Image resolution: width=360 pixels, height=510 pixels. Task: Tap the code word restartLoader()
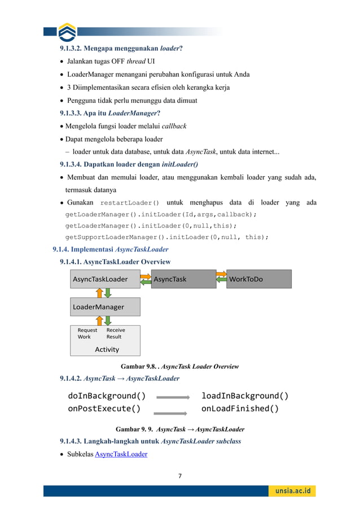pos(129,203)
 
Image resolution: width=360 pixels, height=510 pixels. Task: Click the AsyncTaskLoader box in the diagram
pos(104,279)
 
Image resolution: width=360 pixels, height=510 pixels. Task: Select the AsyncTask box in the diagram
pos(183,279)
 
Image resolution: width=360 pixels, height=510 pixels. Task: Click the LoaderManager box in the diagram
pos(105,307)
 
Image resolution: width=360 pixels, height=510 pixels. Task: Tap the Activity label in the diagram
pos(107,349)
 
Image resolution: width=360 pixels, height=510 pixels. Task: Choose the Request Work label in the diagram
pos(87,333)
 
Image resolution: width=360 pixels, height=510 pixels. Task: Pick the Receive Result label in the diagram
pos(116,333)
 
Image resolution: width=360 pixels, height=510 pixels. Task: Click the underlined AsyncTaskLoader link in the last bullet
pos(121,454)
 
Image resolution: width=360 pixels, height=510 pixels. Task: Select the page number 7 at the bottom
pos(180,476)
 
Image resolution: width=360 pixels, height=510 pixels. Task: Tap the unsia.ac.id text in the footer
pos(293,491)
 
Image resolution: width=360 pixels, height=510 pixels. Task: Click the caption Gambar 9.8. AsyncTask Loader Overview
pos(179,367)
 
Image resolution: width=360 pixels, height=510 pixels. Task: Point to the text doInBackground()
pos(107,395)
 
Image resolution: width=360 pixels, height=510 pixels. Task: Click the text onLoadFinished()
pos(240,408)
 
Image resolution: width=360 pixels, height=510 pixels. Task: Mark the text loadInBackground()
pos(244,395)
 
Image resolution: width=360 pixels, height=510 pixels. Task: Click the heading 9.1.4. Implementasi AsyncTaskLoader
pos(110,249)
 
